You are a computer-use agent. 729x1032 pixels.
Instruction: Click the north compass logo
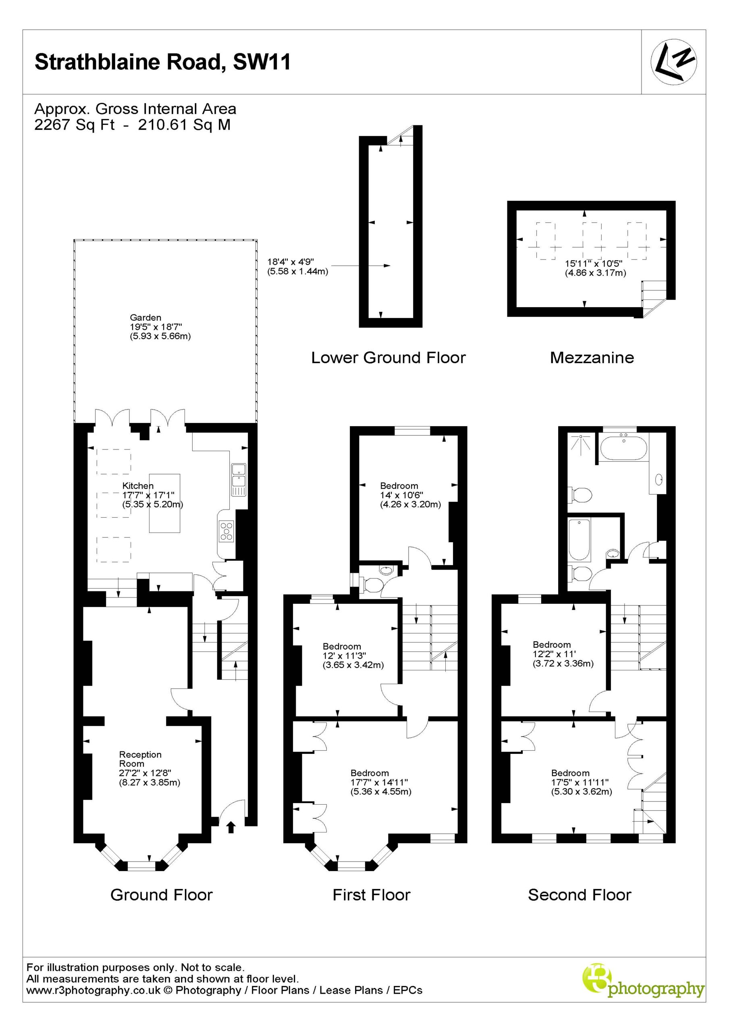pyautogui.click(x=674, y=62)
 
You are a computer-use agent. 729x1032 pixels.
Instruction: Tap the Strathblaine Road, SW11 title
pyautogui.click(x=163, y=62)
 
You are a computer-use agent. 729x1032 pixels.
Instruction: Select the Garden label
pyautogui.click(x=145, y=317)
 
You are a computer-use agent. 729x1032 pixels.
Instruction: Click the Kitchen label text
pyautogui.click(x=138, y=485)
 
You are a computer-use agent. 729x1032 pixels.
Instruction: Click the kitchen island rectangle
pyautogui.click(x=164, y=503)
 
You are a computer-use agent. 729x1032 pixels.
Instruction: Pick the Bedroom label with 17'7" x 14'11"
pyautogui.click(x=370, y=773)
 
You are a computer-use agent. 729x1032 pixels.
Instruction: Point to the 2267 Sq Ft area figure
pyautogui.click(x=75, y=125)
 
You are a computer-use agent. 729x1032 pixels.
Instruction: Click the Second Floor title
pyautogui.click(x=579, y=895)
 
